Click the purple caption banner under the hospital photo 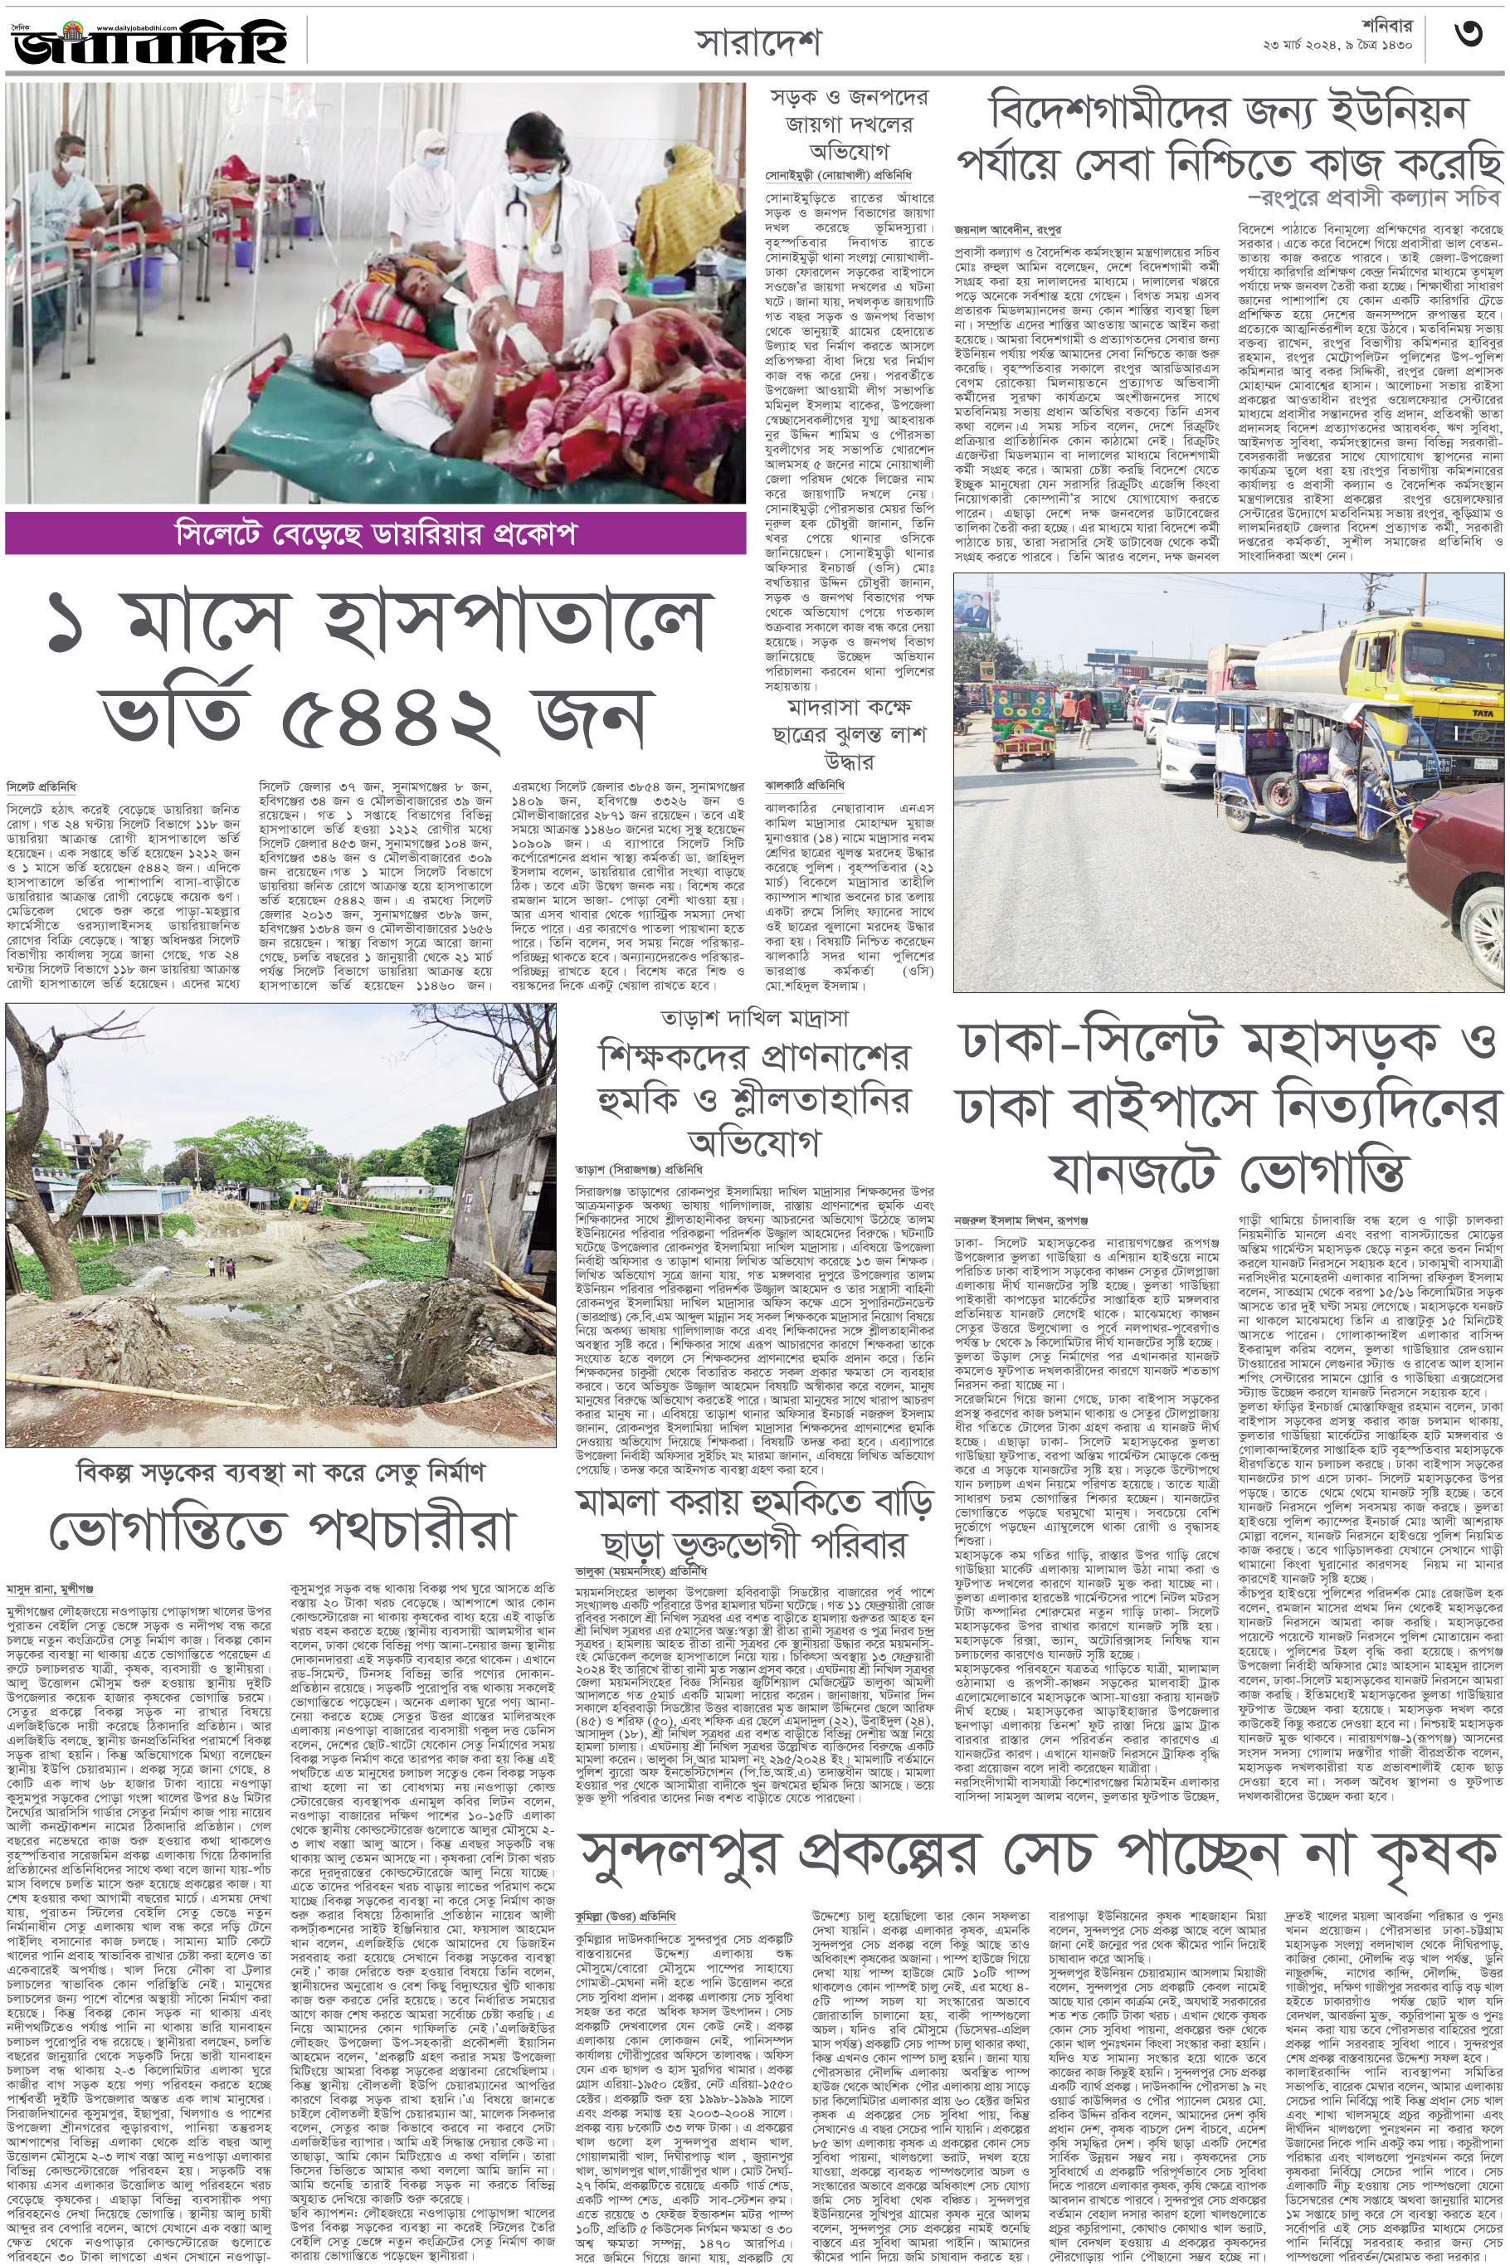376,533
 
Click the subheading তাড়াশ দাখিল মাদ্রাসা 754,1018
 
